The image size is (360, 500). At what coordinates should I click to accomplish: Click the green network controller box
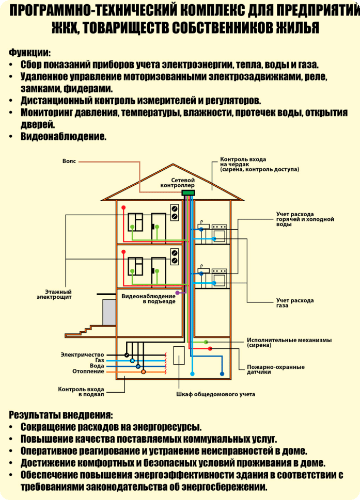188,192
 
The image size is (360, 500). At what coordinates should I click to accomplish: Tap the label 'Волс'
69,162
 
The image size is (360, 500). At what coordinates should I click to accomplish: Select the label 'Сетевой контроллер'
178,183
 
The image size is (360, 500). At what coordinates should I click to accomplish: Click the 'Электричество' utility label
82,354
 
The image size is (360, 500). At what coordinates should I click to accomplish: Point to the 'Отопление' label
88,371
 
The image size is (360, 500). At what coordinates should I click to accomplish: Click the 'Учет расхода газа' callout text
295,303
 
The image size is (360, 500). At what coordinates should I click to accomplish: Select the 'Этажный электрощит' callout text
54,294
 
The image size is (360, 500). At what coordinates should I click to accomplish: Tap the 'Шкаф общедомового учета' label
216,394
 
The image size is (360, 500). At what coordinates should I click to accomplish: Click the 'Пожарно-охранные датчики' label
276,369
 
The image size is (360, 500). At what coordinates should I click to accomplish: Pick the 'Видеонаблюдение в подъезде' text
148,299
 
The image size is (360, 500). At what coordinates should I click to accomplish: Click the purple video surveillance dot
178,293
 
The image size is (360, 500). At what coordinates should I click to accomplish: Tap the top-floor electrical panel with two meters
174,213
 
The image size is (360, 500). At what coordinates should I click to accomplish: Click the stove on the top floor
220,234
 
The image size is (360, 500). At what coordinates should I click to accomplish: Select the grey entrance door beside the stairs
109,312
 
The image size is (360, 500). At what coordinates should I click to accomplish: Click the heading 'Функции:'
29,52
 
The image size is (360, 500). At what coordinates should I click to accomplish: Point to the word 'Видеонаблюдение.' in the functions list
64,136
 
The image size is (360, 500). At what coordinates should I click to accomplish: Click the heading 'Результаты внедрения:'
61,415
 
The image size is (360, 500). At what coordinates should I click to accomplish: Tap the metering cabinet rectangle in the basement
179,356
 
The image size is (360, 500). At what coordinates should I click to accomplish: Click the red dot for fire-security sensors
210,348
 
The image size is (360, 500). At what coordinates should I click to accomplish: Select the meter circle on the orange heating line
143,372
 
